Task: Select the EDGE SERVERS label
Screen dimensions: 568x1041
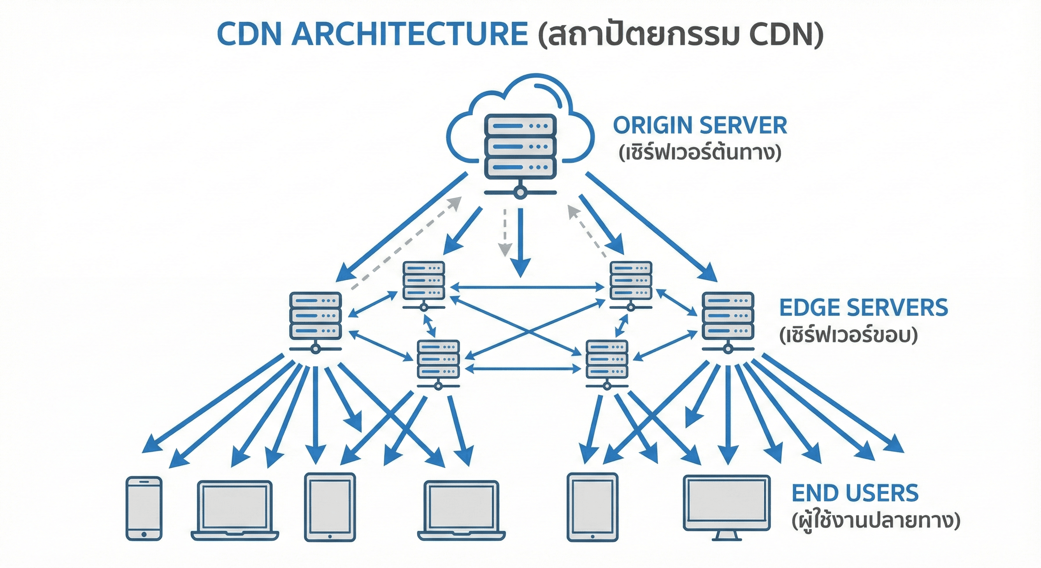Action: click(x=863, y=308)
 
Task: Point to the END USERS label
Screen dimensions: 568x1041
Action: click(x=855, y=493)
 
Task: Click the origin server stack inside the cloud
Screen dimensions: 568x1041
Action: click(x=520, y=146)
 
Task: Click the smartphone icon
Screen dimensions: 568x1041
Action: click(x=144, y=508)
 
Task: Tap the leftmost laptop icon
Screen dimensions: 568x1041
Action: click(x=235, y=510)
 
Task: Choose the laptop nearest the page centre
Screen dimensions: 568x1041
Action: click(x=461, y=510)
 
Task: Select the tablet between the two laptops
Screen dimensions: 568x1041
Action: click(x=330, y=507)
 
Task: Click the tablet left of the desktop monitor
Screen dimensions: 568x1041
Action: click(x=593, y=507)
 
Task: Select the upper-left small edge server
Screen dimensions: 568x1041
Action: click(x=424, y=281)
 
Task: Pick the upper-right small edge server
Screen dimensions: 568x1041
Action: click(x=630, y=281)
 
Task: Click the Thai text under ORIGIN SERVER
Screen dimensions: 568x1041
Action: click(x=699, y=153)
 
